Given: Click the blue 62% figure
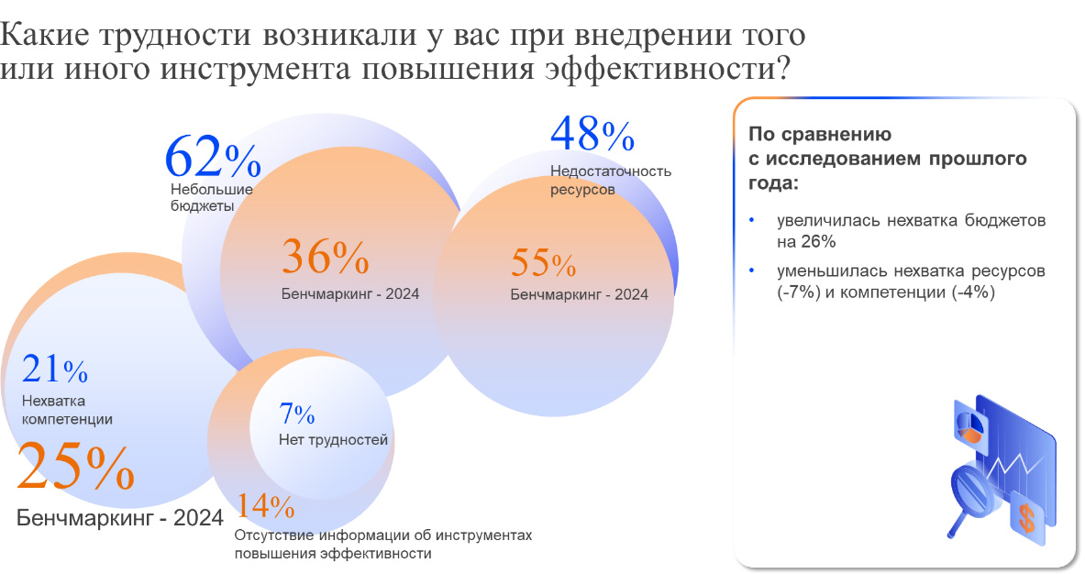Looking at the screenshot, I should [213, 157].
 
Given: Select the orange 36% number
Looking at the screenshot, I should [325, 257].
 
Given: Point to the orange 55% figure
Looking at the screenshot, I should [543, 264].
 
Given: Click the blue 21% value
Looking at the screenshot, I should [54, 370].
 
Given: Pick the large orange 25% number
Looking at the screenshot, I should [75, 468].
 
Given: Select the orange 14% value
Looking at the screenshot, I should [265, 506].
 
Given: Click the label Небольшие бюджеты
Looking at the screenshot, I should [211, 197].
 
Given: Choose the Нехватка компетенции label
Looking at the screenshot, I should [66, 410].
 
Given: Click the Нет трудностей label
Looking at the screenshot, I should [333, 440].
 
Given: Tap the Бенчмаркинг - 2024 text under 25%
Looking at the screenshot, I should [120, 518].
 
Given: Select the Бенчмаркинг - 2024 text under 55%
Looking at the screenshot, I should [579, 294].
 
